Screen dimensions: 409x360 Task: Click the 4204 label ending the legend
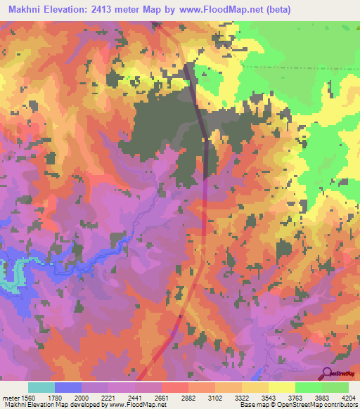click(349, 398)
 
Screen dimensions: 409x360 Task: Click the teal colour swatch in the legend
click(41, 387)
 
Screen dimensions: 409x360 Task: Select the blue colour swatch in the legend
click(68, 387)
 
